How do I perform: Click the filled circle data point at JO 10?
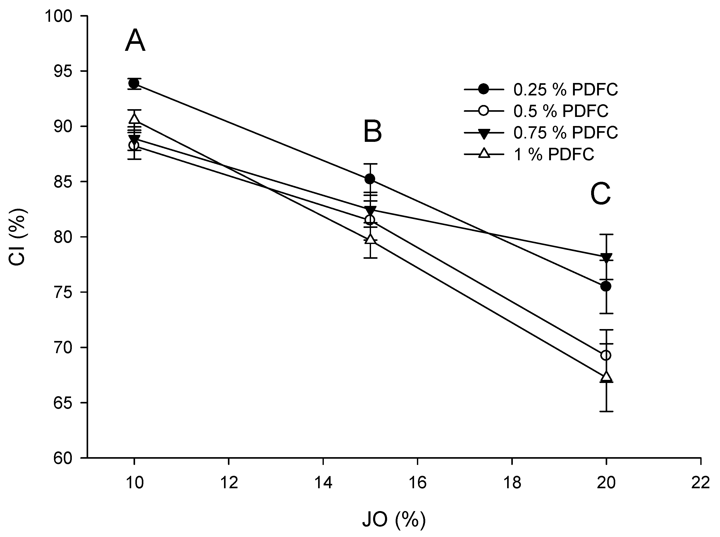point(134,83)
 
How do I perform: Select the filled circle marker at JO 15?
point(370,179)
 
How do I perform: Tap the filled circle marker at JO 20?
point(606,286)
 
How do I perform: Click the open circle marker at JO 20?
point(606,355)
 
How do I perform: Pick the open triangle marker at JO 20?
point(606,376)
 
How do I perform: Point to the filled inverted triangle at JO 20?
point(606,257)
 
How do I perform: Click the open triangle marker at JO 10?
point(134,119)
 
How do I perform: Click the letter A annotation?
point(135,41)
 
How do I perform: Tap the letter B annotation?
point(373,132)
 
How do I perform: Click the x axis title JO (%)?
point(394,519)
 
